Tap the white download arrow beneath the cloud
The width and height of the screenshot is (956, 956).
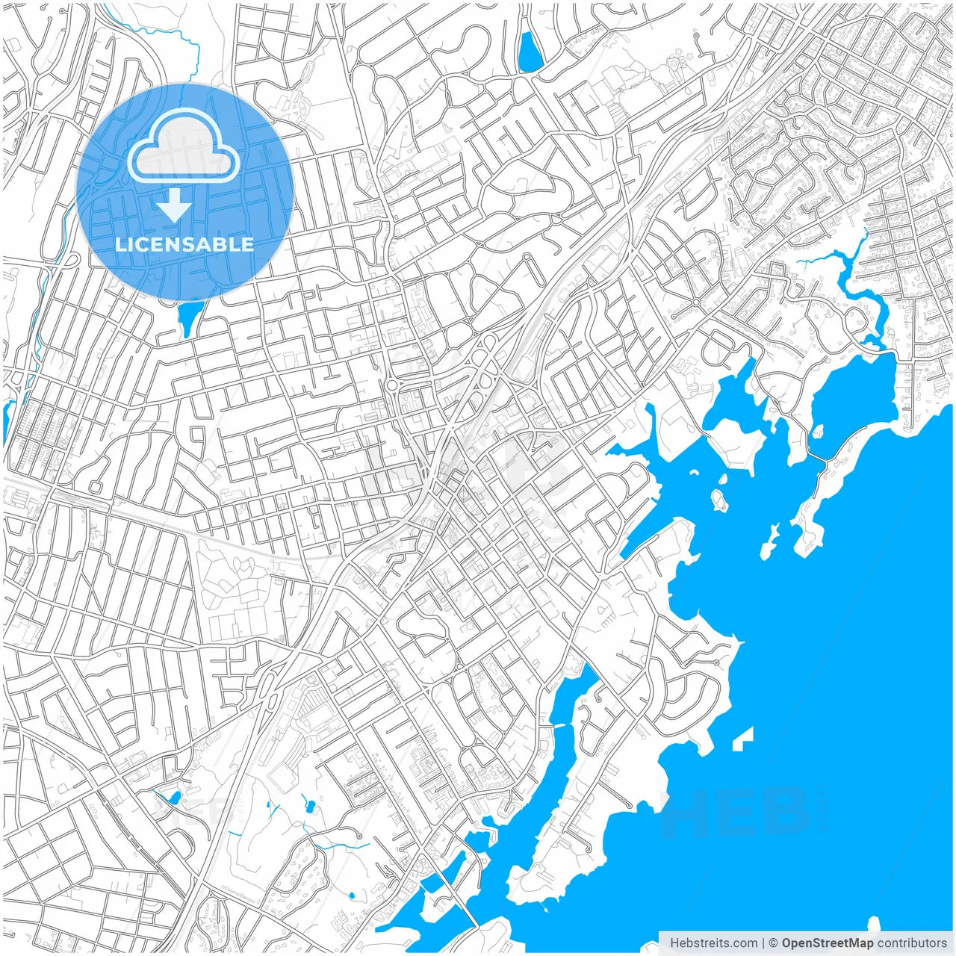coord(175,205)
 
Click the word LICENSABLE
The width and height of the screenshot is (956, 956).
coord(184,244)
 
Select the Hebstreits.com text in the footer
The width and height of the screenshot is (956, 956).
coord(714,943)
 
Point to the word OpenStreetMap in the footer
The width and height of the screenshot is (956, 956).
coord(828,943)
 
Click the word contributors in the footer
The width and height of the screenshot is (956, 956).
coord(912,943)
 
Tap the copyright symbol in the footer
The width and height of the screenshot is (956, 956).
coord(774,943)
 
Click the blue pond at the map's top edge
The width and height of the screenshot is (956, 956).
coord(530,52)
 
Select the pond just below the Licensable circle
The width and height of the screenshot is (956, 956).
coord(188,317)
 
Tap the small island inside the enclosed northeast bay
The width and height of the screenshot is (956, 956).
coord(818,431)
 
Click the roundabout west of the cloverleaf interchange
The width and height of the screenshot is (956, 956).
coord(391,385)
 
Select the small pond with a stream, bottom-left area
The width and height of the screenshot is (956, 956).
coord(173,798)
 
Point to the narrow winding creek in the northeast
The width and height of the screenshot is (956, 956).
coord(851,284)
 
